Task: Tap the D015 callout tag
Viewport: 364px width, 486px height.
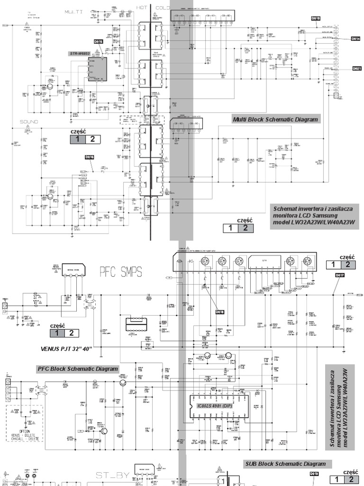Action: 99,42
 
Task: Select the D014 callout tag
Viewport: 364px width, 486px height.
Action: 355,38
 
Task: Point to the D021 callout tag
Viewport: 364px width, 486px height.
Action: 357,68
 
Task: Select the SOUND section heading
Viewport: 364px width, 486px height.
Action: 28,121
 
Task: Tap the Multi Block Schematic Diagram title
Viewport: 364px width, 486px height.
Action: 275,119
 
